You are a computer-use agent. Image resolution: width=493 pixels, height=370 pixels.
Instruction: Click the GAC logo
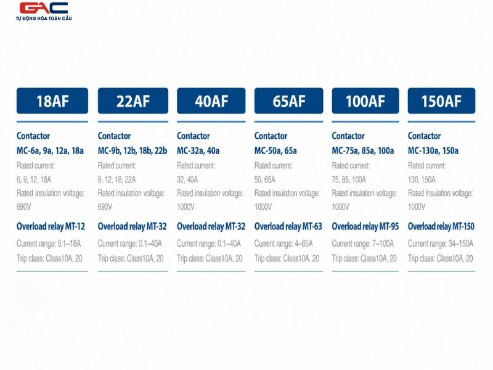tap(44, 11)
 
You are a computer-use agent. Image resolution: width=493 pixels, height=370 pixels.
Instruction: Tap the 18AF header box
tap(52, 101)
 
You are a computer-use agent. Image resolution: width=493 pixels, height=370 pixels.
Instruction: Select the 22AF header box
tap(133, 101)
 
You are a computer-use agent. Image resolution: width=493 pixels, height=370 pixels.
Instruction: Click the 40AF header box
tap(211, 101)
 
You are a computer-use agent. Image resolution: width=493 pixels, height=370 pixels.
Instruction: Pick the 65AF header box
tap(288, 101)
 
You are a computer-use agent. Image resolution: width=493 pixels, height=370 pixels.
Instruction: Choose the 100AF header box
tap(365, 101)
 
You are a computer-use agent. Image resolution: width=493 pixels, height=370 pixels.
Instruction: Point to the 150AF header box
tap(441, 101)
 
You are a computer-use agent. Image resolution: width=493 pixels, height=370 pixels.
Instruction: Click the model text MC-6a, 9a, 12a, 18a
tap(51, 151)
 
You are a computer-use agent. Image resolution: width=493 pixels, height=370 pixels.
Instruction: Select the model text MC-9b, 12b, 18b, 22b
tap(132, 151)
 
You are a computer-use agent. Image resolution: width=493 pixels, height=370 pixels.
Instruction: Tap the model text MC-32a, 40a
tap(198, 151)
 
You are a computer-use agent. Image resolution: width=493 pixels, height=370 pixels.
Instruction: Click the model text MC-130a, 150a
tap(433, 151)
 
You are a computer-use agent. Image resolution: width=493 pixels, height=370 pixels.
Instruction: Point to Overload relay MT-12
tap(51, 226)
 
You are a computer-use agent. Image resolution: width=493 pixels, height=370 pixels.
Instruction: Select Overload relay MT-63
tap(288, 226)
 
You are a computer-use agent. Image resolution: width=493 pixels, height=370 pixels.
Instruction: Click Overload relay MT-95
tap(365, 226)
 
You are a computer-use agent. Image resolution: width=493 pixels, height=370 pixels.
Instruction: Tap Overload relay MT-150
tap(441, 226)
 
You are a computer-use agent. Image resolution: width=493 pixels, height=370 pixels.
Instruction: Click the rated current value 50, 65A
tap(265, 179)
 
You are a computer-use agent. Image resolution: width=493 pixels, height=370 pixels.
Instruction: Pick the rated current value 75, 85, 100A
tap(349, 179)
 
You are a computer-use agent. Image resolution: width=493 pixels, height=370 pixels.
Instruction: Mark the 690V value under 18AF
tap(24, 207)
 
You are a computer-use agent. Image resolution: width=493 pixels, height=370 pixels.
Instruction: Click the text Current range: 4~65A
tap(283, 244)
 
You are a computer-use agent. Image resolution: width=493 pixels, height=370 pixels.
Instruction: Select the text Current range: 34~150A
tap(441, 244)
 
